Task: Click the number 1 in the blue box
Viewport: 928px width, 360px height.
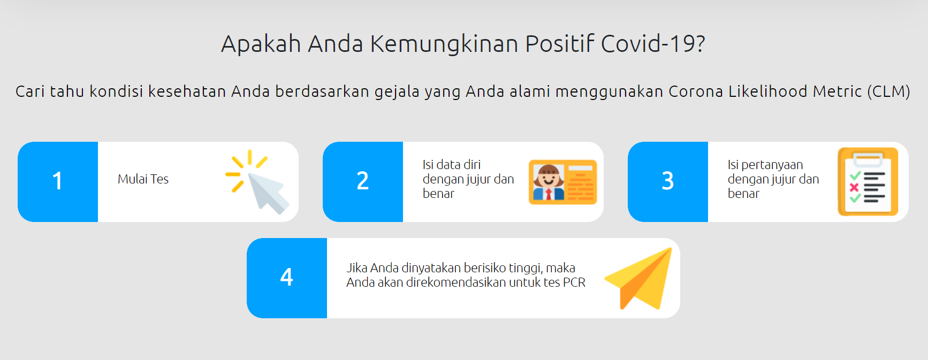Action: (x=57, y=181)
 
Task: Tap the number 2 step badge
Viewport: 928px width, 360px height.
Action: (x=363, y=181)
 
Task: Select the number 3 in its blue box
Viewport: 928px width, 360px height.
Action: (x=668, y=181)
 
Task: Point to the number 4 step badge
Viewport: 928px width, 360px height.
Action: (x=287, y=277)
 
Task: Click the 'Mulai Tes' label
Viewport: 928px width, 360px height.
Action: (x=143, y=179)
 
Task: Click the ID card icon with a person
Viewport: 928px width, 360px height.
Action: (x=562, y=182)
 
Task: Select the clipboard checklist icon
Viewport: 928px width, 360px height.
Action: (x=868, y=182)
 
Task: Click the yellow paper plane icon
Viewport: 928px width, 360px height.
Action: (x=638, y=278)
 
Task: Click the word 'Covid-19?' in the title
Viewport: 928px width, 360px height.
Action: (x=653, y=44)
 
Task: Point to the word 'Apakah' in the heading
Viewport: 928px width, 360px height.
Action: (x=261, y=44)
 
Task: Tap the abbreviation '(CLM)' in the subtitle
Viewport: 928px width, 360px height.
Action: (x=888, y=91)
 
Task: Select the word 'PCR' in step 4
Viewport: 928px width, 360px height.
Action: (x=574, y=282)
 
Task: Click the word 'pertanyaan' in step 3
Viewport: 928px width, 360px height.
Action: (x=772, y=165)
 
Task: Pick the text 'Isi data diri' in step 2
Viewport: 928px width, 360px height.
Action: (x=452, y=165)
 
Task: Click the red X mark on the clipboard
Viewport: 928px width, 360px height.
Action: (x=854, y=187)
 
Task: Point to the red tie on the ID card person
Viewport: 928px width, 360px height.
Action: (x=548, y=194)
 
